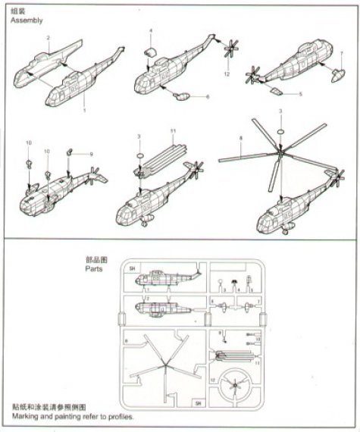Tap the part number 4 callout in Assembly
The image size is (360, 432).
pyautogui.click(x=151, y=32)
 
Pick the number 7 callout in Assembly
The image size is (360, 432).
pyautogui.click(x=341, y=53)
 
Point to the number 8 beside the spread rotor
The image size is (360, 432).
pyautogui.click(x=241, y=139)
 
